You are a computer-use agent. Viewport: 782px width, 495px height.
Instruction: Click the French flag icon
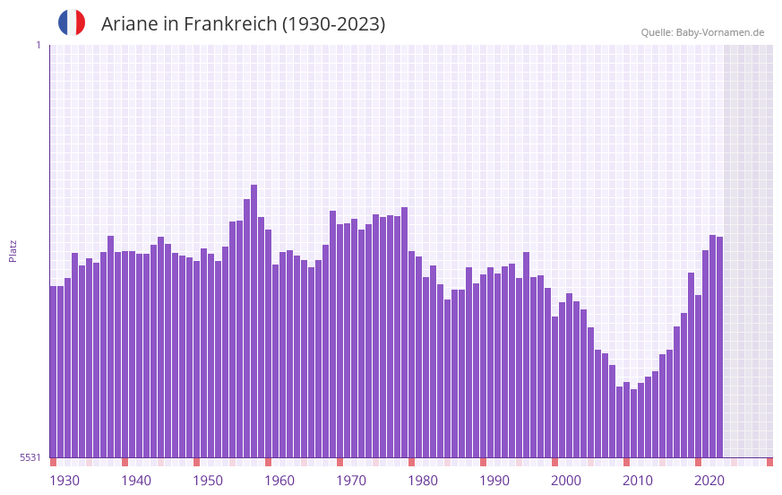[72, 22]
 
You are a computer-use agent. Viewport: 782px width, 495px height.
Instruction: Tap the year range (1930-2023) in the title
[333, 24]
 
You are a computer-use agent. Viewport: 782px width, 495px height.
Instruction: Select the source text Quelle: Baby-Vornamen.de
[702, 32]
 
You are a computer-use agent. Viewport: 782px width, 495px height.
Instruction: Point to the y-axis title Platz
[13, 250]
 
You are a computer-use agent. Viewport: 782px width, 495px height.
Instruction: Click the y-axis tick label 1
[38, 45]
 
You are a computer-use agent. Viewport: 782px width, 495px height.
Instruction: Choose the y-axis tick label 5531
[30, 457]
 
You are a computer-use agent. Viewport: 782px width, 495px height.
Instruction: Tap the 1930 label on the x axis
[64, 481]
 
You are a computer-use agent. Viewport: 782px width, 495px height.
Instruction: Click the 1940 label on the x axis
[136, 481]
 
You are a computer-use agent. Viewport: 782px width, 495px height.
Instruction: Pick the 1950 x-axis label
[208, 481]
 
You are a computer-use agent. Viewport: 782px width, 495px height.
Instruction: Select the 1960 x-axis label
[279, 481]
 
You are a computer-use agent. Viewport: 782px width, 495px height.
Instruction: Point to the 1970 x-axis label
[351, 481]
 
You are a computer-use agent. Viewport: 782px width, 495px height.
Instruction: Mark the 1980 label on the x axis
[423, 481]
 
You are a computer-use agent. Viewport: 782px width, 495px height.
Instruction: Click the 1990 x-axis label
[494, 481]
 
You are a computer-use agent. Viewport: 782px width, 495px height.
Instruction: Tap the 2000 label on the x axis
[566, 481]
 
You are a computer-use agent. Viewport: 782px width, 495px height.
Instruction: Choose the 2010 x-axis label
[638, 481]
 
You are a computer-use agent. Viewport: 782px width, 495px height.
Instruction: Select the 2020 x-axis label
[709, 481]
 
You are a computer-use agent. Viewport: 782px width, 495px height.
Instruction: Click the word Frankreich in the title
[229, 24]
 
